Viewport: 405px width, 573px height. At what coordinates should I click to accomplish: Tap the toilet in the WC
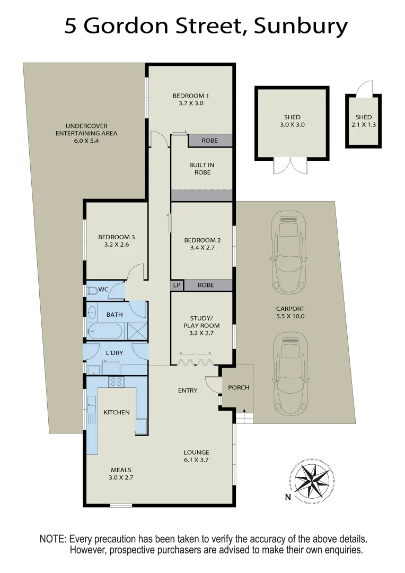tap(92, 290)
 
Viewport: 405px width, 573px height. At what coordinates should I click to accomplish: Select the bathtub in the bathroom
tap(105, 331)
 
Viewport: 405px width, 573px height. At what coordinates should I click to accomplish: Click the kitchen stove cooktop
tap(116, 381)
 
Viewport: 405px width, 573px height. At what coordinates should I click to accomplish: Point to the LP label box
tap(177, 285)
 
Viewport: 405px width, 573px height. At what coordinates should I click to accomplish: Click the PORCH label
tap(239, 387)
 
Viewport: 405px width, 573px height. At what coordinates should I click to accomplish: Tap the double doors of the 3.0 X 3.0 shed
tap(290, 167)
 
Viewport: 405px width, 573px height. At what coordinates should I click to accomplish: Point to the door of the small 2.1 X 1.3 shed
tap(365, 89)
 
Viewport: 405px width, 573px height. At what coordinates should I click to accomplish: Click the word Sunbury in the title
tap(301, 25)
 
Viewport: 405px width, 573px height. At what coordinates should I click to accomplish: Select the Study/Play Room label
tap(201, 322)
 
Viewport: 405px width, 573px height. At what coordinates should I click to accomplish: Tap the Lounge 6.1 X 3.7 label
tap(196, 456)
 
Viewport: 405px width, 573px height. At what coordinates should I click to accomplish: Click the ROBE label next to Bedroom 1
tap(209, 141)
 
